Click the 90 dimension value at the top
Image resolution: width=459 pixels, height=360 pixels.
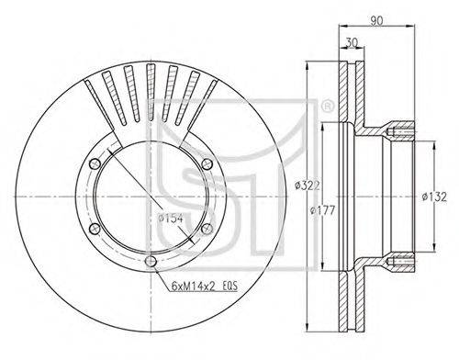click(376, 20)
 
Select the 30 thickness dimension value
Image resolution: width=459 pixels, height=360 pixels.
click(352, 42)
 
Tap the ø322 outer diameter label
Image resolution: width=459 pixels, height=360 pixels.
click(308, 186)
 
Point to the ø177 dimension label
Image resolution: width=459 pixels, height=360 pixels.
click(322, 210)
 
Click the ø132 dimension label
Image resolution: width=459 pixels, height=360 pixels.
click(434, 197)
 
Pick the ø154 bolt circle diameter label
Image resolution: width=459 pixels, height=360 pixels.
click(171, 218)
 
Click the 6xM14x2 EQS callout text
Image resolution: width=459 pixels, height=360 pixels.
click(205, 286)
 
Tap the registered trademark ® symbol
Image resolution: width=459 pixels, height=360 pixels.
click(327, 107)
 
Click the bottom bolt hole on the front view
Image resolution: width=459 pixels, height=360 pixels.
click(151, 261)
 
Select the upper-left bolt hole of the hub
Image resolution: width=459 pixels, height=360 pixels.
click(95, 163)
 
